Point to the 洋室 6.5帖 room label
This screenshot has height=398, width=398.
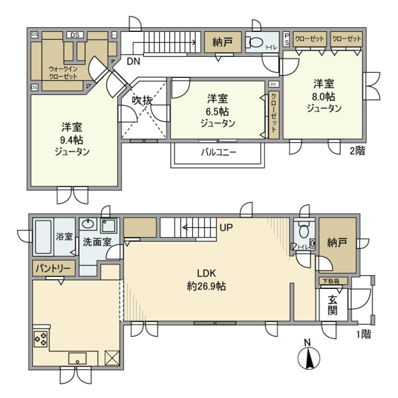pos(217,111)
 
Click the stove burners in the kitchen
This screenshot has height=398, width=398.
pos(41,339)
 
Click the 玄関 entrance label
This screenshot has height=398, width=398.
pos(332,305)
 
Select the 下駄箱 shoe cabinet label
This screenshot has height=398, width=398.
pos(332,281)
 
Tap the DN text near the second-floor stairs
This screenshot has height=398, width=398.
pos(133,62)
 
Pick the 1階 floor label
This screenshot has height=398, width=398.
pos(363,334)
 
